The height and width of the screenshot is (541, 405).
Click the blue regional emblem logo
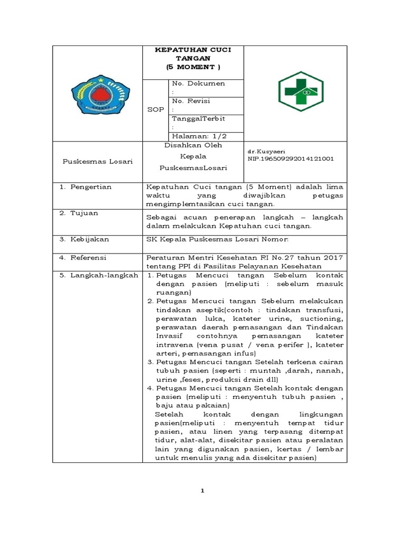tap(98, 94)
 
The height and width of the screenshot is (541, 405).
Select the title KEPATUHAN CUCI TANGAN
tap(192, 54)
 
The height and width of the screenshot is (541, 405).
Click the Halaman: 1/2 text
tap(198, 136)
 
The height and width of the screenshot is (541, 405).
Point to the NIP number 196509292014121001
tap(290, 158)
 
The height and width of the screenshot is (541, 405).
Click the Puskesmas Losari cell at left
tap(98, 161)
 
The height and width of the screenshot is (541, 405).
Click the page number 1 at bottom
tap(202, 491)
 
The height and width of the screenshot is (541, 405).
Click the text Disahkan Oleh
tap(194, 145)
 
